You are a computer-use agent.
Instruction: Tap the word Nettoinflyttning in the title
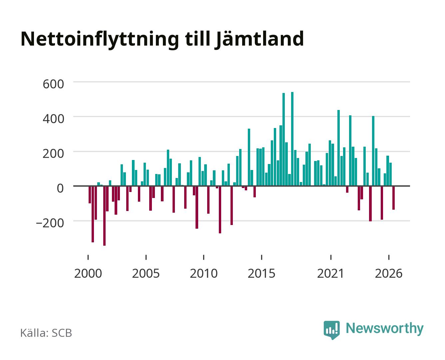click(x=100, y=39)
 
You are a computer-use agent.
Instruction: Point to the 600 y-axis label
click(x=53, y=84)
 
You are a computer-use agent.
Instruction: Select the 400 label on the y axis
click(x=53, y=119)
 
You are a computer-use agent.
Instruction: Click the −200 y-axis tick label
click(x=50, y=223)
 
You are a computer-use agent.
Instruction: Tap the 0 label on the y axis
click(x=60, y=188)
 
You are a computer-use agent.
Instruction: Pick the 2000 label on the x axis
click(x=88, y=273)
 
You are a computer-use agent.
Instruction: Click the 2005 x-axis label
click(x=146, y=273)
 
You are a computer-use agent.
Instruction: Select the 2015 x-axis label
click(x=261, y=273)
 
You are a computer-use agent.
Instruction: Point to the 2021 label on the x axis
click(x=330, y=273)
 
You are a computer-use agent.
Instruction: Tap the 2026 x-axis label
click(x=389, y=273)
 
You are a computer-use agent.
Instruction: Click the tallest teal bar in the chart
click(x=292, y=139)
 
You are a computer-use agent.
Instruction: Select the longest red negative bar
click(x=104, y=216)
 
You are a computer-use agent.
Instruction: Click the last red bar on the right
click(x=393, y=198)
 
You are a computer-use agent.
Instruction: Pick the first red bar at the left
click(x=90, y=195)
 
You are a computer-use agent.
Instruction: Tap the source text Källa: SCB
click(x=46, y=333)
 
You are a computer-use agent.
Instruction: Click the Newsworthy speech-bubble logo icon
click(x=331, y=330)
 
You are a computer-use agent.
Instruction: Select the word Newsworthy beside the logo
click(x=385, y=329)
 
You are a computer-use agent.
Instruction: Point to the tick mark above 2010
click(x=204, y=257)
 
